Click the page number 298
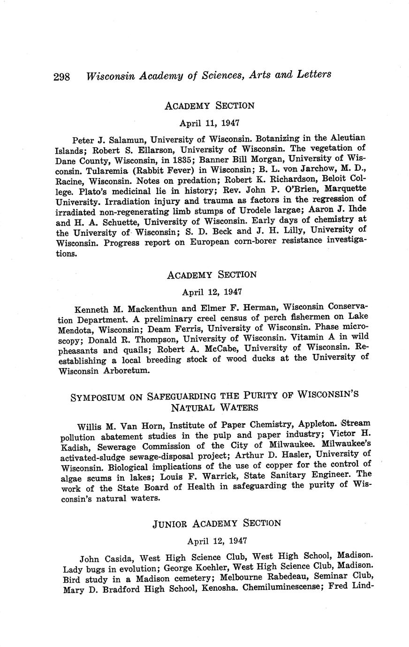coord(62,76)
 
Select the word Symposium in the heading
coord(98,398)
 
